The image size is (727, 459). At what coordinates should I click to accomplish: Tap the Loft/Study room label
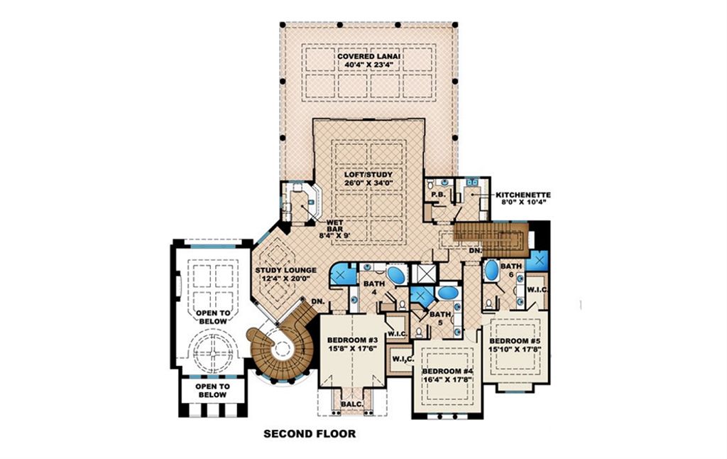click(369, 173)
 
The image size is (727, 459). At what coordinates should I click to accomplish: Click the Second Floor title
click(310, 433)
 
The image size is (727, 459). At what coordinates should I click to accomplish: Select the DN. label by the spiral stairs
click(317, 301)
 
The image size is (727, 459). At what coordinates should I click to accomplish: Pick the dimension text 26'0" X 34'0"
click(369, 183)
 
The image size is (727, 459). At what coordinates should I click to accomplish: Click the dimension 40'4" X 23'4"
click(369, 65)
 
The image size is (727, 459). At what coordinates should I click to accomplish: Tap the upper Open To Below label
click(212, 317)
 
